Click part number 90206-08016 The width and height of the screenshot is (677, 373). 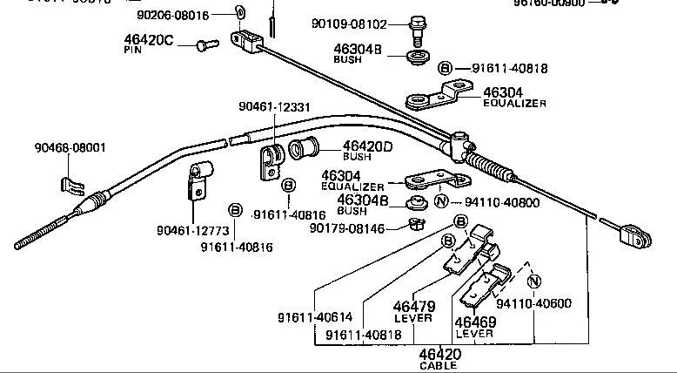[172, 15]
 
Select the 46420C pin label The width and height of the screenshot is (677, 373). [149, 39]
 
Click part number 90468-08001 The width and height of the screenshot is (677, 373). [70, 147]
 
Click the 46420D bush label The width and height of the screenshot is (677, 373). [367, 146]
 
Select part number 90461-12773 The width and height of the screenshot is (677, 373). [192, 230]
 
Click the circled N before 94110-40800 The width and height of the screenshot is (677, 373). [441, 201]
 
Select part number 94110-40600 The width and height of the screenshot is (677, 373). [534, 303]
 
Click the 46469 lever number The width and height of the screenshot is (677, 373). [474, 322]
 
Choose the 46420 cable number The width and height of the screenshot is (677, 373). [439, 354]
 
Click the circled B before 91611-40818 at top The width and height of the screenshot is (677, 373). [445, 68]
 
